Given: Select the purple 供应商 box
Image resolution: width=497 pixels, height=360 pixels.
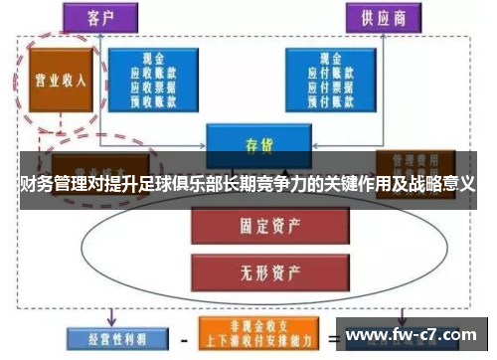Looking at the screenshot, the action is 383,17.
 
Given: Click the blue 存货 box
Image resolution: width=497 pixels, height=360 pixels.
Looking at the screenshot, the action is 251,142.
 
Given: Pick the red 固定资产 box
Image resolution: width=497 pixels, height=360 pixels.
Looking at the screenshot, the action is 247,226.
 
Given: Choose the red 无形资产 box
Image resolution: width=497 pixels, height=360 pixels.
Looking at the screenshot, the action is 247,268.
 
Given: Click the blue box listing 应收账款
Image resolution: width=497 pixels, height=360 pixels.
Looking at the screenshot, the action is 152,78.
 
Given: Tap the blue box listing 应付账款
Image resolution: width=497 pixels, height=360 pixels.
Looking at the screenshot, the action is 332,78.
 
